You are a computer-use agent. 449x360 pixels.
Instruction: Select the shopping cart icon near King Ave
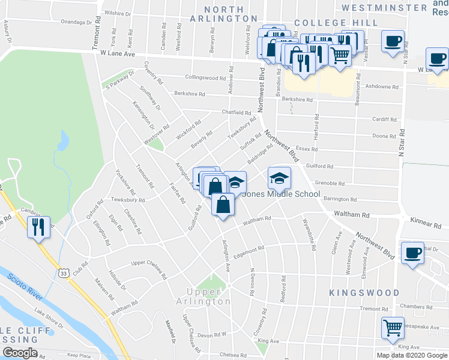(393, 328)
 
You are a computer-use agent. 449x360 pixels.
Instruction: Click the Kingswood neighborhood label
(364, 293)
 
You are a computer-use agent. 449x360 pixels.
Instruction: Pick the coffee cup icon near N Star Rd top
(393, 41)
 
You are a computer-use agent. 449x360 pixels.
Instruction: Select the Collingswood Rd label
(205, 77)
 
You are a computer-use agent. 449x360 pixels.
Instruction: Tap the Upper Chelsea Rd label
(147, 263)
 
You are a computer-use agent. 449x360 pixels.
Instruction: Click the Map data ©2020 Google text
(412, 355)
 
